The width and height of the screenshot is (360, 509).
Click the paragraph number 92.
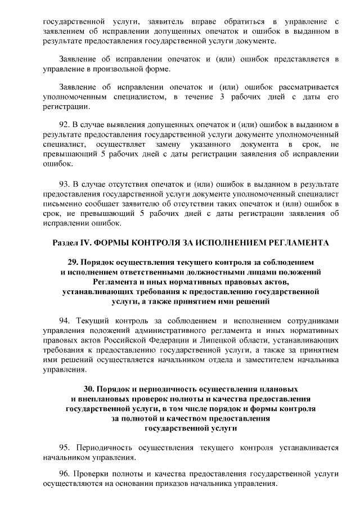64,125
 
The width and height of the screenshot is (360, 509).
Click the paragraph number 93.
64,184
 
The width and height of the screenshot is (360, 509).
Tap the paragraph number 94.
64,321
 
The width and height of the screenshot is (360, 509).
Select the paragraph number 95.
64,448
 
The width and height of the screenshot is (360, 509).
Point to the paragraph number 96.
64,474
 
